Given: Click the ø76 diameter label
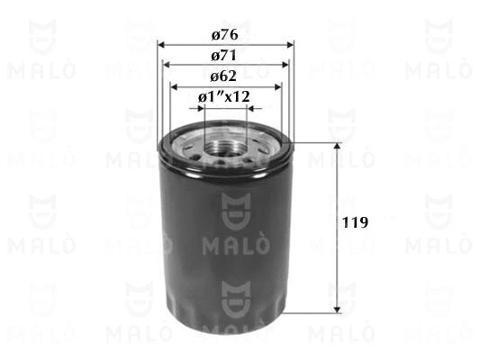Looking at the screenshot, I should [225, 35].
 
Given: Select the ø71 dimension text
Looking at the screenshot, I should [225, 55].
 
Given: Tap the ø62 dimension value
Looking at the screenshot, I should [225, 76].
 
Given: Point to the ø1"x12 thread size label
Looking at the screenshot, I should [224, 95].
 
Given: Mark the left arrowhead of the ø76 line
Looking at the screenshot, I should [161, 44].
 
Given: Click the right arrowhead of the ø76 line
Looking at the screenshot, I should [290, 44].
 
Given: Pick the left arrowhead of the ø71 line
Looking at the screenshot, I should [166, 65].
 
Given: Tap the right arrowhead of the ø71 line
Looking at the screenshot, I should [285, 65].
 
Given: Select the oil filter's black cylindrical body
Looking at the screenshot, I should [225, 234].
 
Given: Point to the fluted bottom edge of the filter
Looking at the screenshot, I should [225, 311].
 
